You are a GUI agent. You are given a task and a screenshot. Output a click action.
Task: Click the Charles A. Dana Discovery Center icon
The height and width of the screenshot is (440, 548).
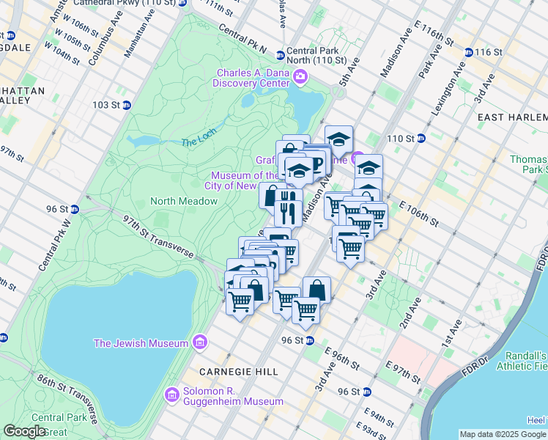(x=300, y=76)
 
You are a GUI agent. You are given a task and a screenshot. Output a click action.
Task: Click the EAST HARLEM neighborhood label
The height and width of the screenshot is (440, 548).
(x=512, y=117)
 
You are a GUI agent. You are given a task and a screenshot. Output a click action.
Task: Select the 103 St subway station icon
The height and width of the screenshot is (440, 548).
(x=126, y=105)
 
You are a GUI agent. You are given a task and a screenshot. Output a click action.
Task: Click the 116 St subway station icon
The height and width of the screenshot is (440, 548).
(x=469, y=52)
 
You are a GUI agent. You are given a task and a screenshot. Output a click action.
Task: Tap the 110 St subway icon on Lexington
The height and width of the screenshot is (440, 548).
(x=421, y=138)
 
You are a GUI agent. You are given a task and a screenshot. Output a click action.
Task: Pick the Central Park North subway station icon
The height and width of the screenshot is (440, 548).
(x=280, y=55)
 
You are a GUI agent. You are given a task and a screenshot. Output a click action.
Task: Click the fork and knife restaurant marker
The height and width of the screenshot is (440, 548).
(x=288, y=207)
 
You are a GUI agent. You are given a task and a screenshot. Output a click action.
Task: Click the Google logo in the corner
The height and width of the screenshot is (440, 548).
(x=24, y=431)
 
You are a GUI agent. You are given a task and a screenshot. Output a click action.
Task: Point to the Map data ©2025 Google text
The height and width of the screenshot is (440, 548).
(x=503, y=434)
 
